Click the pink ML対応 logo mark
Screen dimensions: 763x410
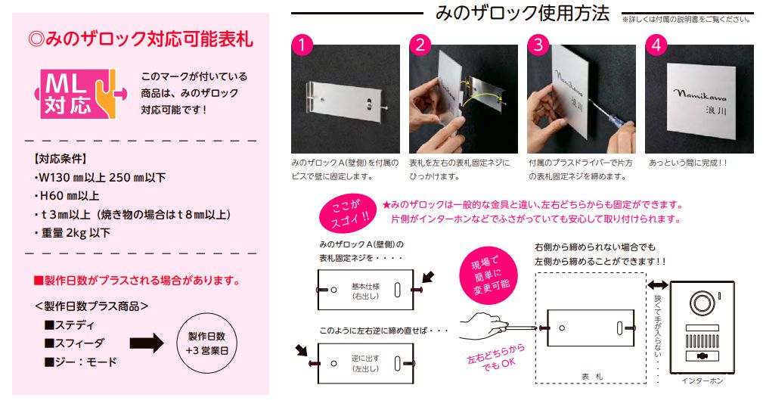[80, 94]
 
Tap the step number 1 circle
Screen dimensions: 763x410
[302, 45]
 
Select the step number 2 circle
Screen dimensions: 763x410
[420, 45]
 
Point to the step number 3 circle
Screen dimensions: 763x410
[538, 45]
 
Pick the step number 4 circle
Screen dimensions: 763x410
[656, 45]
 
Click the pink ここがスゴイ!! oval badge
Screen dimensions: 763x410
[349, 213]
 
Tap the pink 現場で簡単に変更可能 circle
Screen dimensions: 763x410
[489, 275]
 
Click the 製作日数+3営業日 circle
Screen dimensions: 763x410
[206, 343]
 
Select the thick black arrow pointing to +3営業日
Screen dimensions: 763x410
[147, 343]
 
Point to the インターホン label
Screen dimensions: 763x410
[703, 380]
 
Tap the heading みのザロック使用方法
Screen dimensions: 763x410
[522, 13]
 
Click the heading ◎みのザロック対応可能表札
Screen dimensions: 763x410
[141, 39]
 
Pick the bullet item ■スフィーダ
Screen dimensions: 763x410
[74, 343]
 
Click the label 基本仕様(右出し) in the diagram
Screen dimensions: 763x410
[365, 291]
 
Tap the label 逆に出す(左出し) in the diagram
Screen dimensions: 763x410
[365, 363]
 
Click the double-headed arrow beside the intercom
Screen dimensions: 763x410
[657, 285]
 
